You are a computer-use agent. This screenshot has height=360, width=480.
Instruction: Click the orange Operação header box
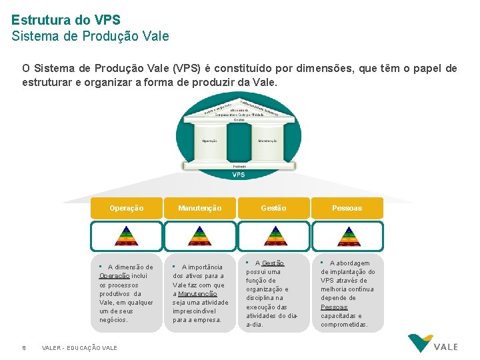pyautogui.click(x=127, y=208)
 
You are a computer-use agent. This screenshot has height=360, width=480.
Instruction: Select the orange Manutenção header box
pyautogui.click(x=200, y=208)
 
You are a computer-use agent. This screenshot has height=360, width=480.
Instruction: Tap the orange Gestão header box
pyautogui.click(x=273, y=208)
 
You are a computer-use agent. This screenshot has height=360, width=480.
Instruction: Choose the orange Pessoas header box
pyautogui.click(x=347, y=208)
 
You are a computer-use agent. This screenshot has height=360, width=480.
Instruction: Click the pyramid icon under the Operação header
pyautogui.click(x=127, y=236)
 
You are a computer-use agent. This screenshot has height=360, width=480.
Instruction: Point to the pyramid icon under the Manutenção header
pyautogui.click(x=200, y=236)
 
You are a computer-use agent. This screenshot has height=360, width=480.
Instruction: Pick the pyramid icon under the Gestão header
pyautogui.click(x=273, y=236)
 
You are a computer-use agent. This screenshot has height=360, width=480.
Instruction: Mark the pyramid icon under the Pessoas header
pyautogui.click(x=347, y=236)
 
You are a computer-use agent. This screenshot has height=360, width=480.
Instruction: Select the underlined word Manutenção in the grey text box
pyautogui.click(x=197, y=294)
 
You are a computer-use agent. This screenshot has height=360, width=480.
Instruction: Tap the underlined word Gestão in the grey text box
pyautogui.click(x=273, y=263)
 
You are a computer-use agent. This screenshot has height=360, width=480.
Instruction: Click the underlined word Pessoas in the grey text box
pyautogui.click(x=334, y=307)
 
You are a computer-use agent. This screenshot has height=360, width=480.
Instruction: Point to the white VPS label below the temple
pyautogui.click(x=239, y=175)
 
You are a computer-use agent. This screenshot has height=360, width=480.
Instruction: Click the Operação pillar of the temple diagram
pyautogui.click(x=209, y=141)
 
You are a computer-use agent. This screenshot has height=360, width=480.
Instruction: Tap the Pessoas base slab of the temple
pyautogui.click(x=239, y=165)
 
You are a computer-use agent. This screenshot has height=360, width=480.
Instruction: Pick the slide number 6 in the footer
pyautogui.click(x=24, y=347)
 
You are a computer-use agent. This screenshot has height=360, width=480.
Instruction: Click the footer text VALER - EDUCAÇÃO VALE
pyautogui.click(x=79, y=347)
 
